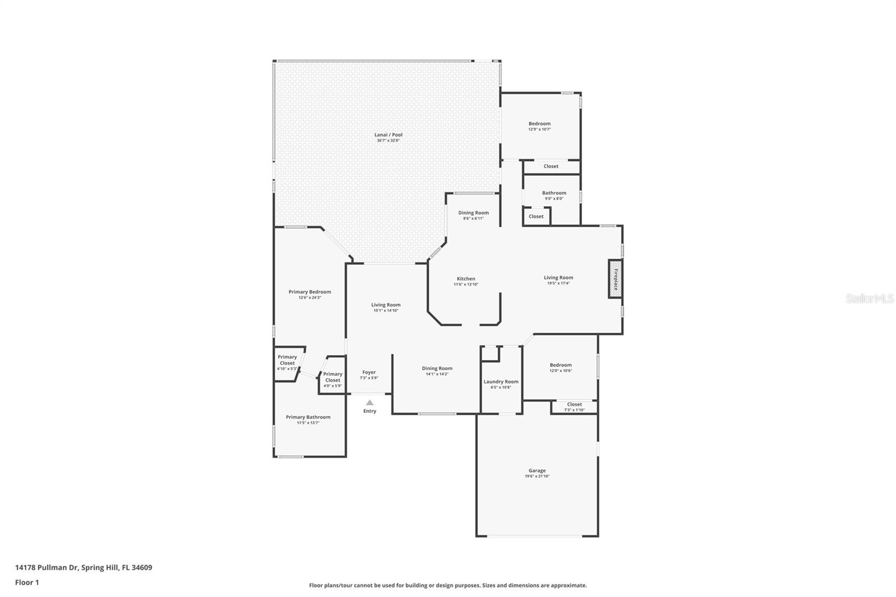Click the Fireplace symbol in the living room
pyautogui.click(x=615, y=279)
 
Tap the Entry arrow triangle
pyautogui.click(x=370, y=402)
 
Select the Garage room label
pyautogui.click(x=537, y=470)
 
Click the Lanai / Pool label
pyautogui.click(x=388, y=134)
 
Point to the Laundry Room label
pyautogui.click(x=501, y=381)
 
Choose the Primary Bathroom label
pyautogui.click(x=308, y=417)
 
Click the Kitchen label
pyautogui.click(x=466, y=278)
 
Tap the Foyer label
pyautogui.click(x=369, y=372)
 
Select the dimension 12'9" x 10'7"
pyautogui.click(x=539, y=129)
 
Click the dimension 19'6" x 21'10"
pyautogui.click(x=537, y=477)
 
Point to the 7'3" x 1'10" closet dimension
pyautogui.click(x=574, y=410)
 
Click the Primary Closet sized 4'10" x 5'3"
pyautogui.click(x=287, y=360)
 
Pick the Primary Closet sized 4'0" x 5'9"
pyautogui.click(x=333, y=377)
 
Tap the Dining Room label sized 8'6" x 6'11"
pyautogui.click(x=473, y=212)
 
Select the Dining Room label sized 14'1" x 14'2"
pyautogui.click(x=437, y=368)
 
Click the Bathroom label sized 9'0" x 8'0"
pyautogui.click(x=554, y=193)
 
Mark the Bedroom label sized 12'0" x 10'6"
pyautogui.click(x=561, y=365)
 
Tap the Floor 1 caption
pyautogui.click(x=27, y=582)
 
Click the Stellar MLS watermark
pyautogui.click(x=869, y=298)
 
